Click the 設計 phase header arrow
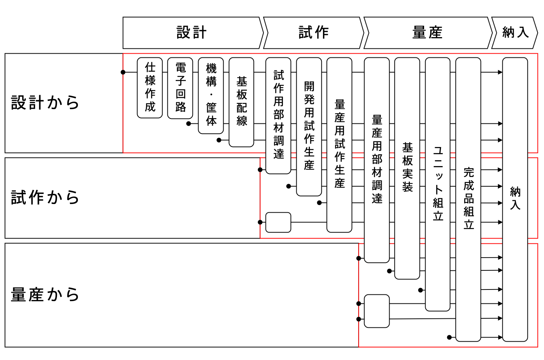tap(192, 33)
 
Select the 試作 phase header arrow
tap(314, 33)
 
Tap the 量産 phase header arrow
tap(427, 33)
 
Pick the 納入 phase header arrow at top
tap(515, 33)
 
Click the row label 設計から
tap(45, 103)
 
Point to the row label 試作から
tap(45, 198)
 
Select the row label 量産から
tap(45, 295)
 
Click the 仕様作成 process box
tap(150, 88)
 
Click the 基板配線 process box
tap(242, 102)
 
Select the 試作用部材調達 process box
tap(278, 115)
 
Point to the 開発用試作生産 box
tap(309, 127)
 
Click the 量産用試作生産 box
tap(339, 145)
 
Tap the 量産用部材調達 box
tap(377, 160)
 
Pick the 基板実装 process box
tap(407, 168)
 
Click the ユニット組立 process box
tap(438, 184)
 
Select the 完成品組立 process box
tap(468, 199)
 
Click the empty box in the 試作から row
tap(278, 222)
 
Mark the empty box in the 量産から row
tap(377, 311)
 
